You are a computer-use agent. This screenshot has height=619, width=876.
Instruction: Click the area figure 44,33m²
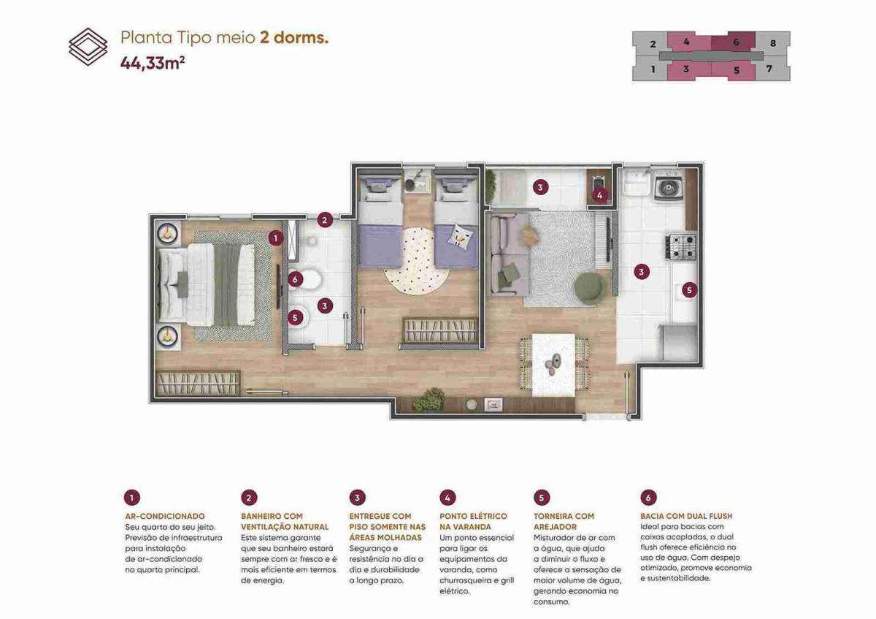(153, 63)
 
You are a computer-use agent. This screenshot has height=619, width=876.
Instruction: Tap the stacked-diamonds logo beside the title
(88, 47)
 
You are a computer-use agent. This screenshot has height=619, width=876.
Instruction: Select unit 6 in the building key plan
(736, 42)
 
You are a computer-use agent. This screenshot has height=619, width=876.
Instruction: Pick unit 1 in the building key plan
(653, 70)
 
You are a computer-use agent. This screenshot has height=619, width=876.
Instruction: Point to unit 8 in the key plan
(773, 43)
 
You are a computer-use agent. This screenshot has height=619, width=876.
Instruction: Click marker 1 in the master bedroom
(276, 238)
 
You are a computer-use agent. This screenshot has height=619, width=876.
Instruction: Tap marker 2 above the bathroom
(325, 220)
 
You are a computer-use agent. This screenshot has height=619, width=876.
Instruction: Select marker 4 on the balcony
(600, 195)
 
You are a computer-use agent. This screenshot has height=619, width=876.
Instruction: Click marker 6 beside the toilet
(295, 280)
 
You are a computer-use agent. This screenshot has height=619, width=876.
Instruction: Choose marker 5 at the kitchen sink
(689, 290)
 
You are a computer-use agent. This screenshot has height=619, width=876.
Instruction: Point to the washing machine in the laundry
(668, 186)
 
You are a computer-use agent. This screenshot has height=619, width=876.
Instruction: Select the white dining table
(553, 365)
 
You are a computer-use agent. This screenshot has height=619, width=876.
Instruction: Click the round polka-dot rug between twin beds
(417, 261)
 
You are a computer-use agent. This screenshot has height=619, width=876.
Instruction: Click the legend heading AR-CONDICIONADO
(165, 516)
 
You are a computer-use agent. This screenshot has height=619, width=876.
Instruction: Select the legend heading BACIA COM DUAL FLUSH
(686, 516)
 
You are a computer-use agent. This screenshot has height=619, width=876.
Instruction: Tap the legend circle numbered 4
(447, 498)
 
